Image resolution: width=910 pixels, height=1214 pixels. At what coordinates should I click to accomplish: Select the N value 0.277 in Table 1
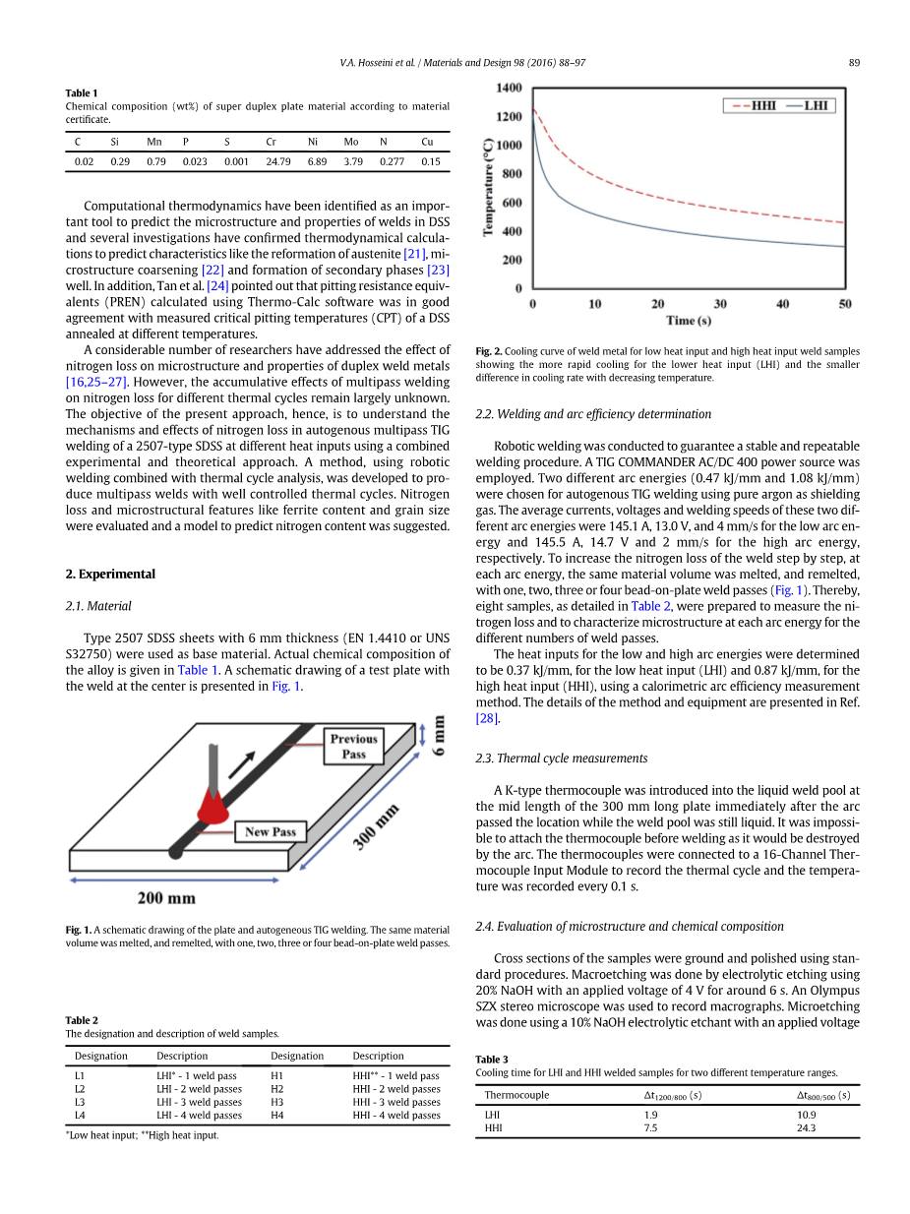tap(392, 161)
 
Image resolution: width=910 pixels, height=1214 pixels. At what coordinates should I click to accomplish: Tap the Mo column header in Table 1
tap(351, 142)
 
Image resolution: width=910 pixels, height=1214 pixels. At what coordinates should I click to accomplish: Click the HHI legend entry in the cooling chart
tap(753, 105)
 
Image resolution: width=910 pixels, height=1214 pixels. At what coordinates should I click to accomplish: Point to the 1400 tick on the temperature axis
tap(509, 88)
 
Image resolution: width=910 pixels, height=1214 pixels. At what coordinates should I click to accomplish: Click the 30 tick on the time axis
tap(720, 304)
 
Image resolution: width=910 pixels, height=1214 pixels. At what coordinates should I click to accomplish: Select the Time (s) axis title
tap(688, 321)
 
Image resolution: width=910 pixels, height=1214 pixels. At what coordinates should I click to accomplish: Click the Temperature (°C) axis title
tap(488, 187)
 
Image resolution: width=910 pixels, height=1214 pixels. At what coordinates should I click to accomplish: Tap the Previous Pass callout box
tap(353, 747)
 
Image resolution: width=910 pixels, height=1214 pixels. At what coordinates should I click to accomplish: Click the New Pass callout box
tap(270, 832)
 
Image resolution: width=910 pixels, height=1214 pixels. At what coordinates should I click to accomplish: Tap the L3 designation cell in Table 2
tap(80, 1102)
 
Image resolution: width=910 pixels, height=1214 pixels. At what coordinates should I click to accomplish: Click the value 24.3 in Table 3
tap(806, 1127)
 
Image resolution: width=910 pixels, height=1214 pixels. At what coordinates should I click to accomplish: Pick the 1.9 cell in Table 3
tap(650, 1115)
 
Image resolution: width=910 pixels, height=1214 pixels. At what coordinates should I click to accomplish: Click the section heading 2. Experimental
tap(110, 574)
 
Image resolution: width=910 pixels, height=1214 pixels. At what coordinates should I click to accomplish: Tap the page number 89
tap(854, 63)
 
